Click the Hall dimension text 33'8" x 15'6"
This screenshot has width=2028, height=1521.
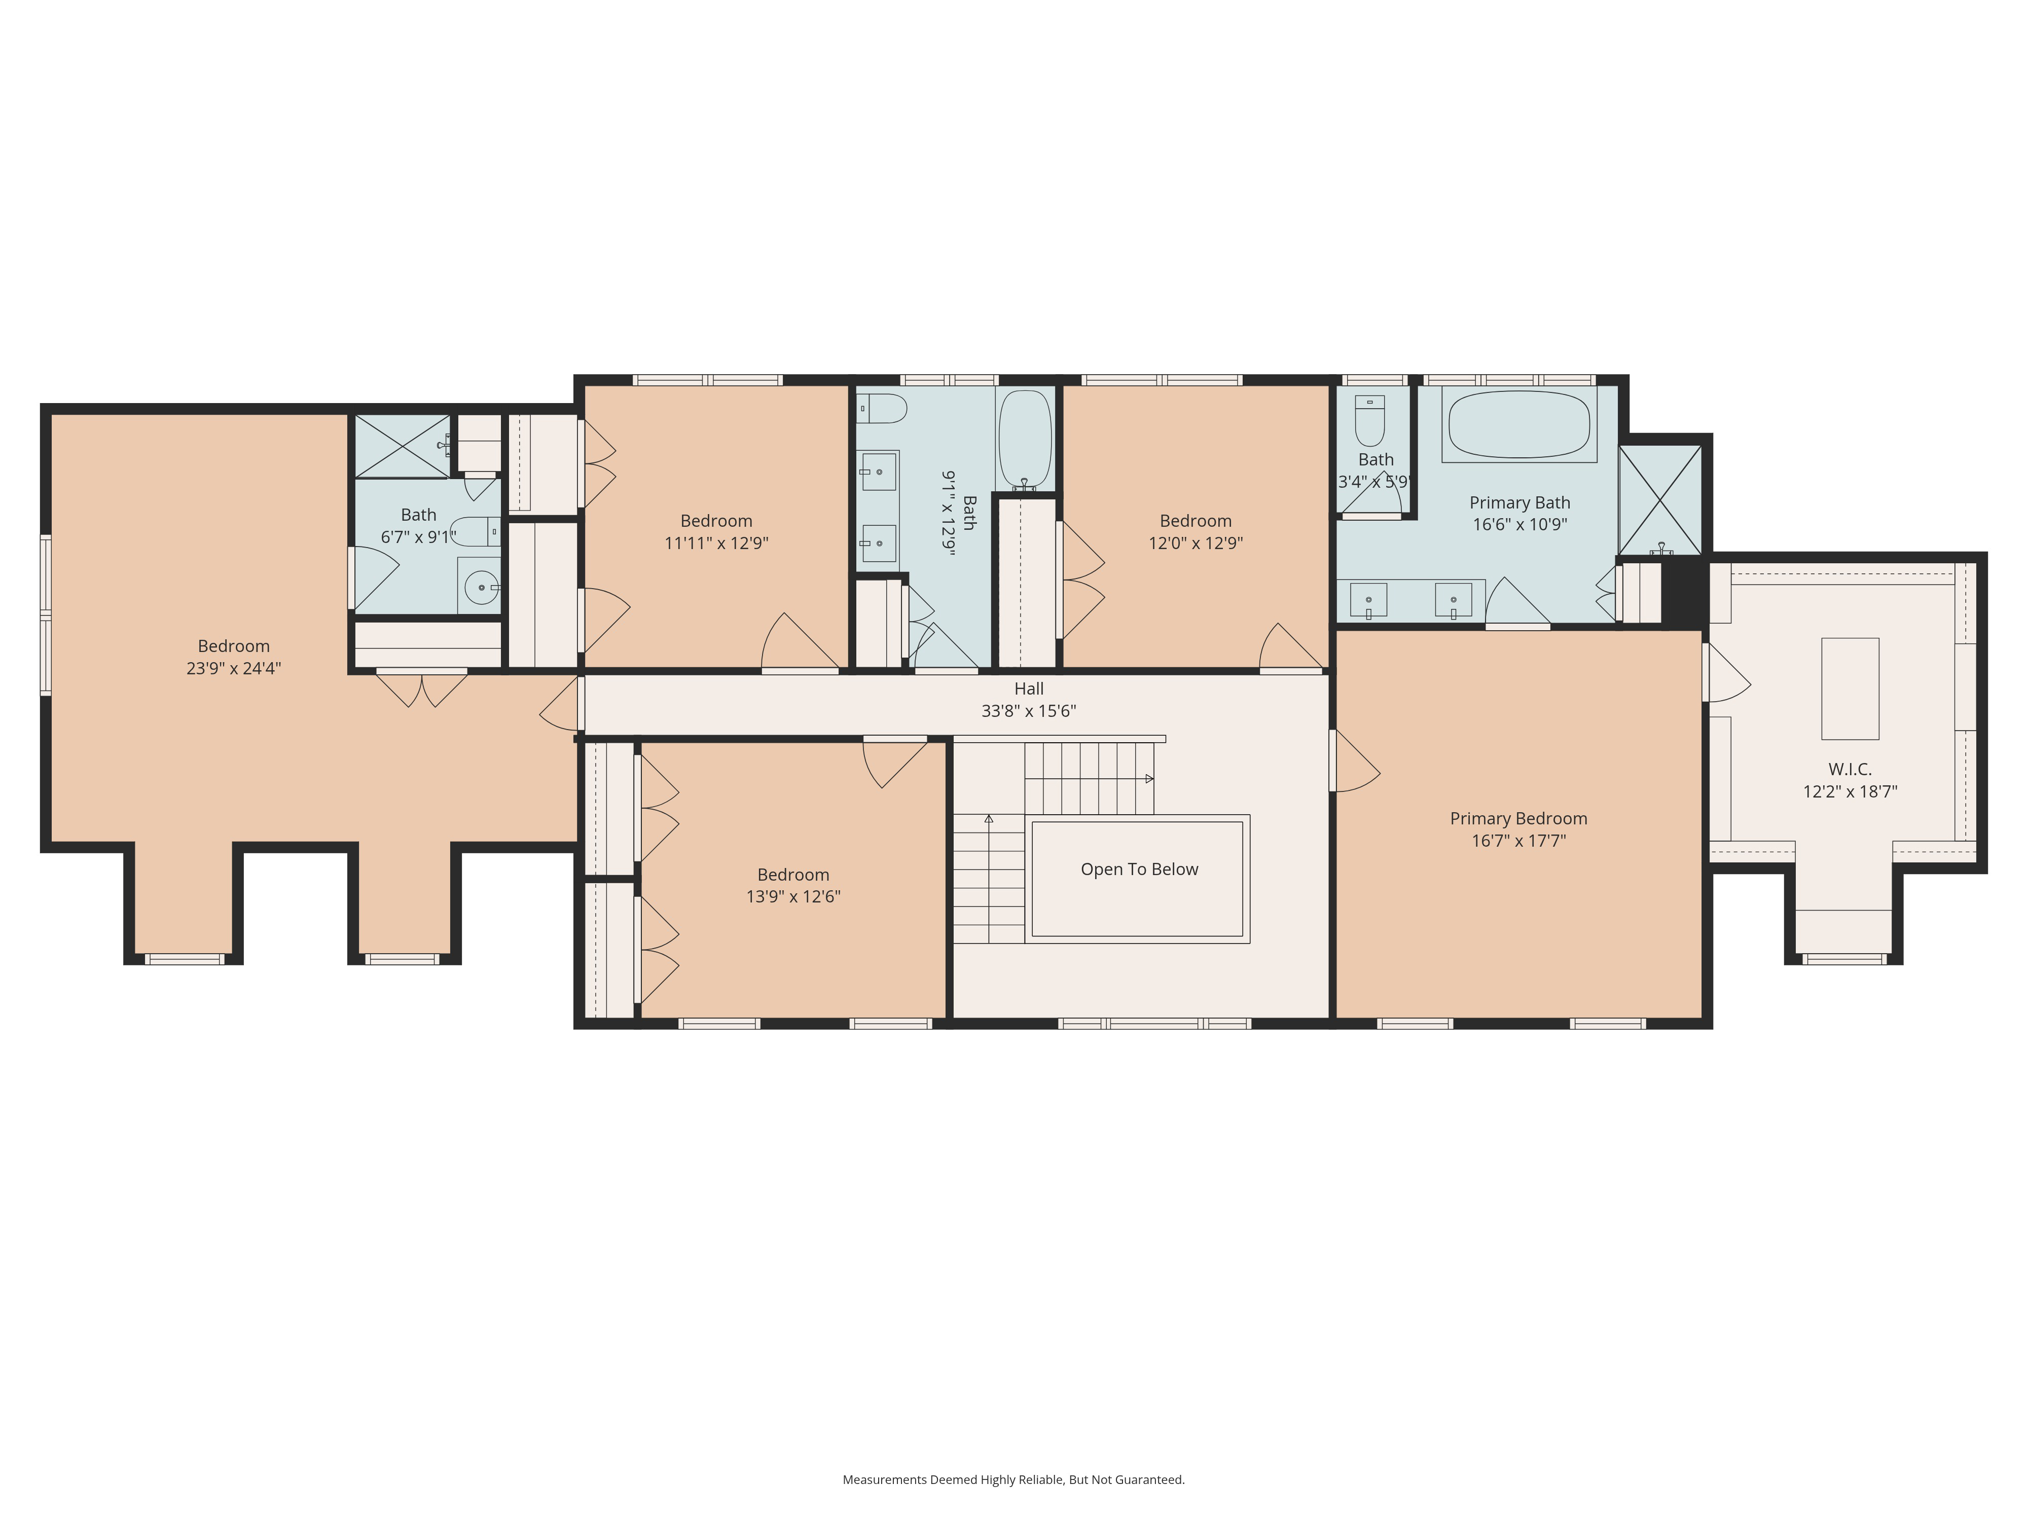click(x=1029, y=710)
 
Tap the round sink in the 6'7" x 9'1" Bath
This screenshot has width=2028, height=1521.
click(x=481, y=587)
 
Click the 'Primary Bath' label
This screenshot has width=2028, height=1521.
click(x=1519, y=502)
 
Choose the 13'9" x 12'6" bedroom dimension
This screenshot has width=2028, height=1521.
click(x=793, y=897)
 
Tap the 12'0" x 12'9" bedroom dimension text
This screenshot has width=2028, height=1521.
click(x=1196, y=543)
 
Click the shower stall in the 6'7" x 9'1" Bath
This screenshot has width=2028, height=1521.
click(x=402, y=447)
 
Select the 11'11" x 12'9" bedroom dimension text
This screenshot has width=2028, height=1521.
click(x=716, y=543)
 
